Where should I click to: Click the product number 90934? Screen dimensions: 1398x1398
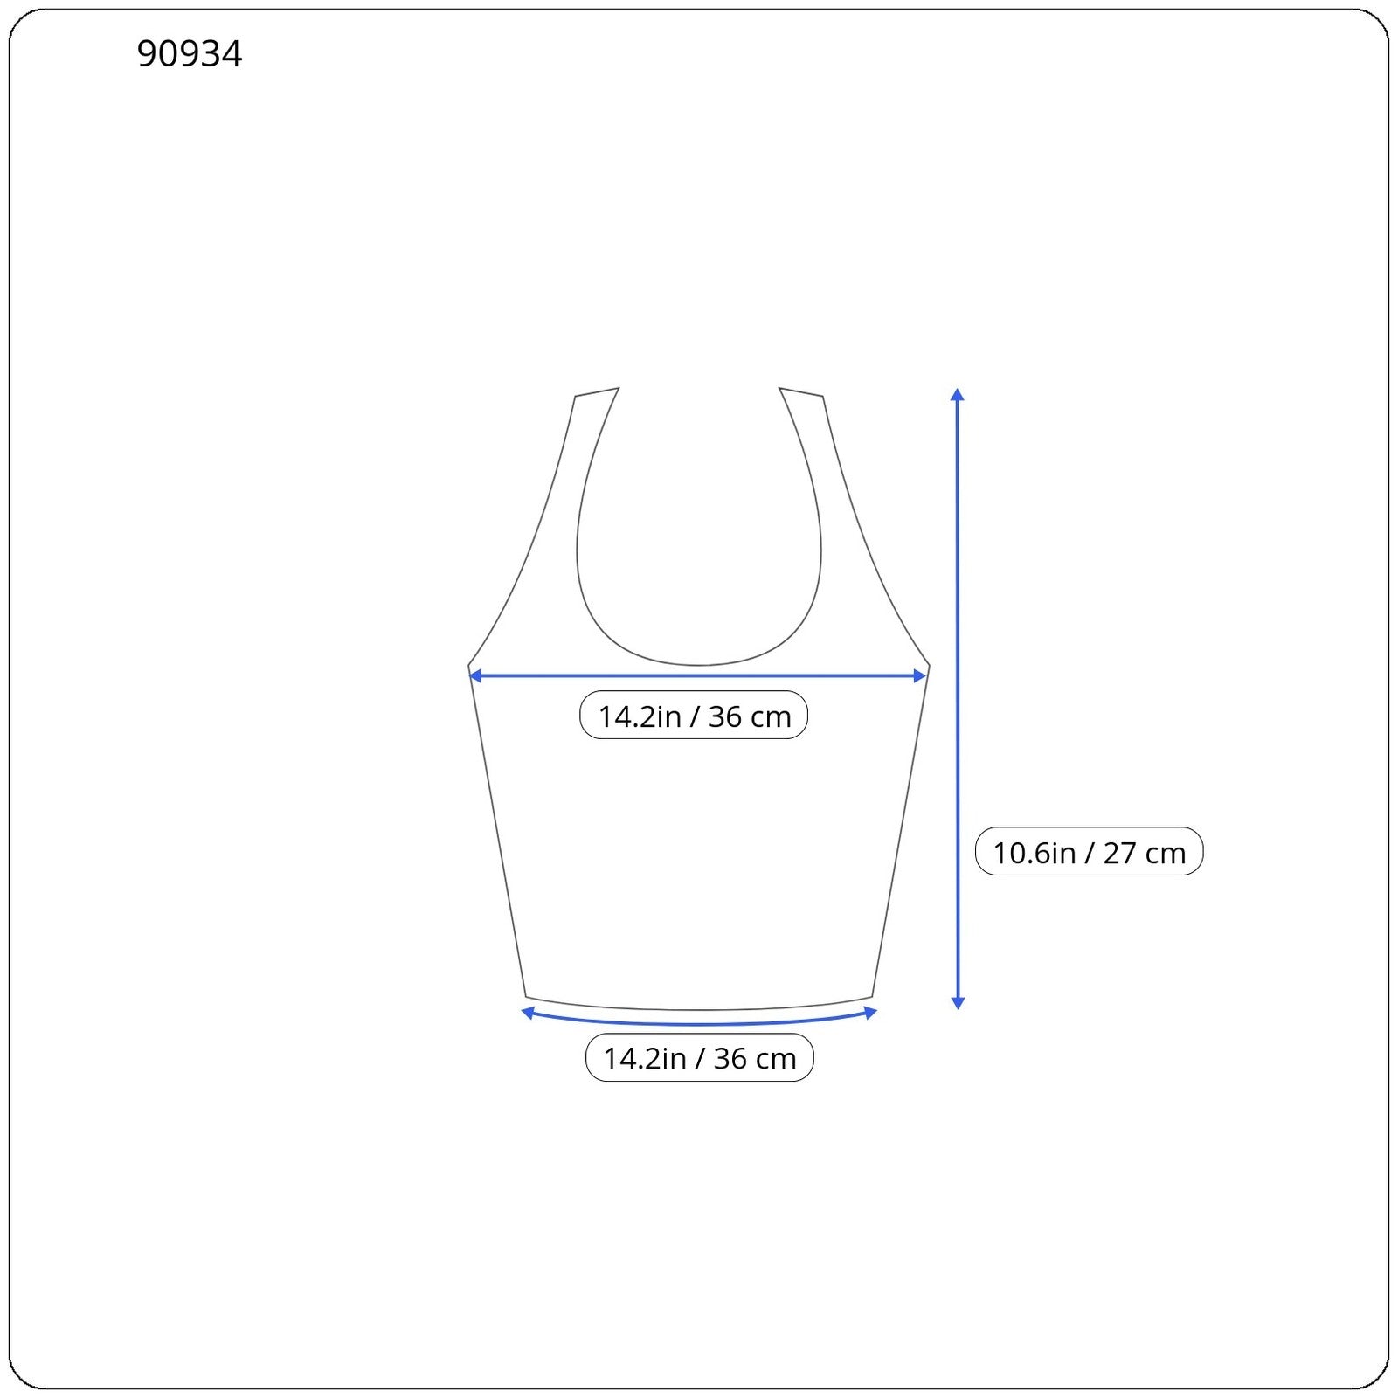click(190, 54)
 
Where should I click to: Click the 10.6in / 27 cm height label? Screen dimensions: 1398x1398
click(1089, 852)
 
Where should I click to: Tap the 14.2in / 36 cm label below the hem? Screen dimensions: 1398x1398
click(699, 1058)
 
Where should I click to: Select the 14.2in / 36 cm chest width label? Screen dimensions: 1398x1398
click(694, 716)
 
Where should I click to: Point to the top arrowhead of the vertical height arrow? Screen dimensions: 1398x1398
click(958, 394)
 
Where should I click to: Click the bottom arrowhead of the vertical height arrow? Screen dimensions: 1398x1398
click(958, 1003)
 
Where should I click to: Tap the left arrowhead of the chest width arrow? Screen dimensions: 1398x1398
click(475, 675)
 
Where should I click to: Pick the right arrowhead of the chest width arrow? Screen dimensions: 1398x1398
click(919, 675)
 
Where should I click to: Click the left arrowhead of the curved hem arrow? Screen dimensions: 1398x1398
click(528, 1013)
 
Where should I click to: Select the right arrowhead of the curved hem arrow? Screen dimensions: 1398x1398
click(870, 1013)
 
